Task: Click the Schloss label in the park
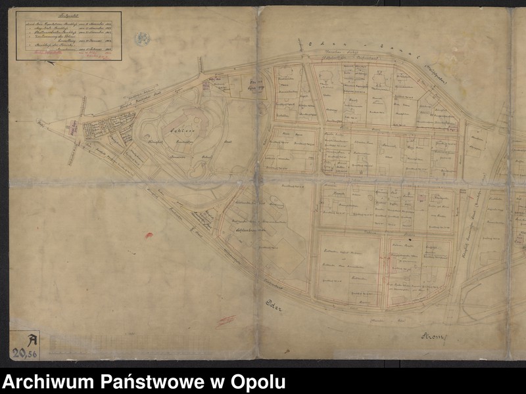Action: (x=174, y=129)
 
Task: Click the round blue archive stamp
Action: (x=142, y=39)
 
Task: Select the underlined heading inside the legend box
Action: (x=65, y=16)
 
